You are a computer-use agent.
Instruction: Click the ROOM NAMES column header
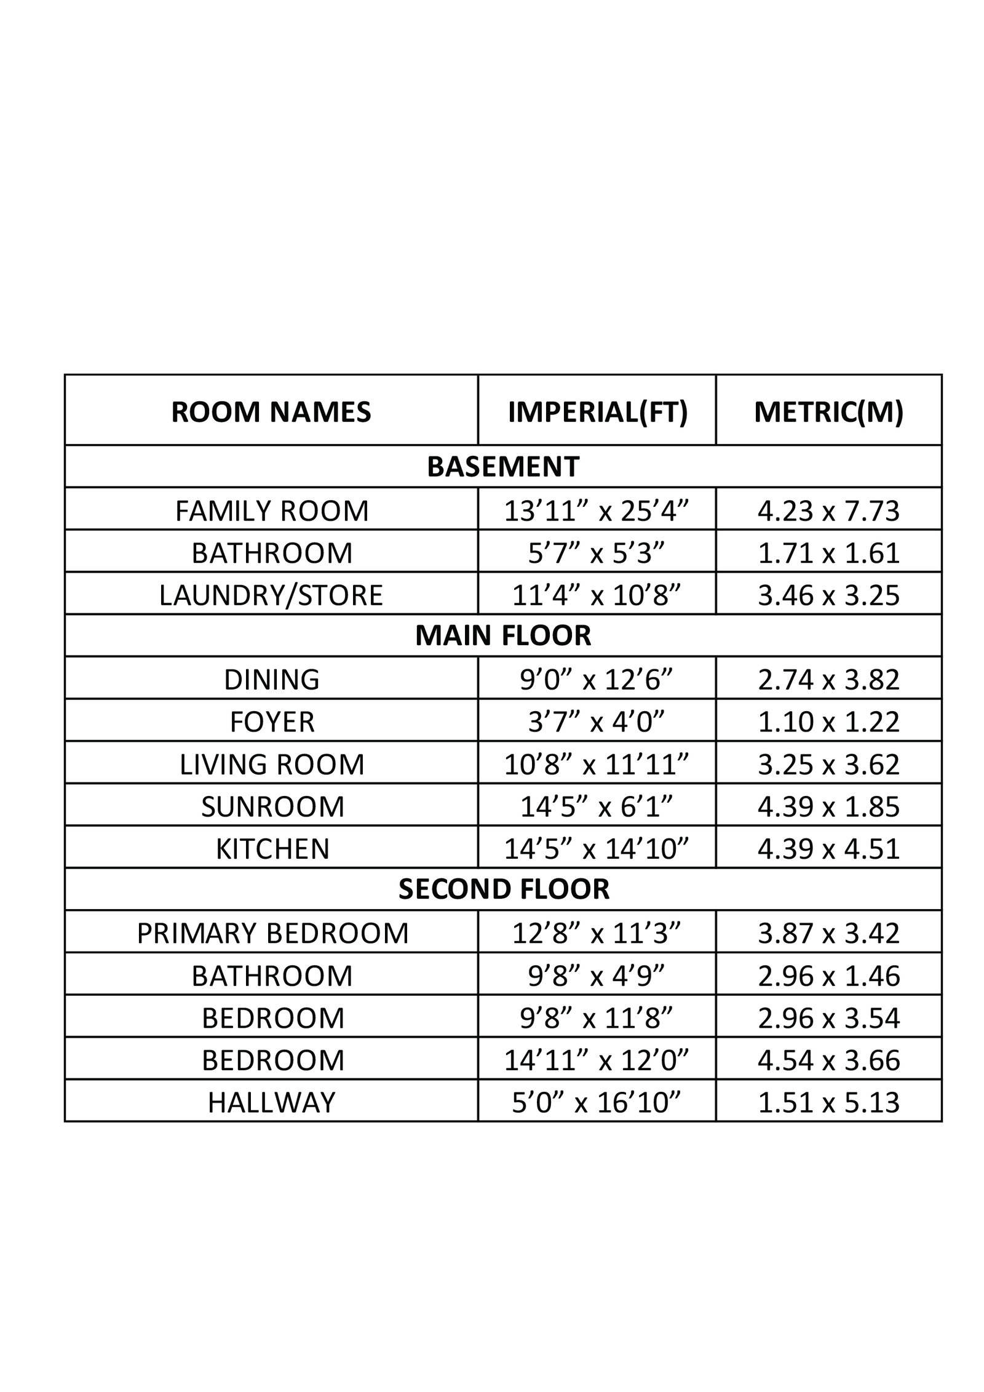click(x=271, y=412)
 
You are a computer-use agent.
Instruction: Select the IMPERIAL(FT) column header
click(x=597, y=412)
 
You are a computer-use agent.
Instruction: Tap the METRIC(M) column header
click(x=828, y=412)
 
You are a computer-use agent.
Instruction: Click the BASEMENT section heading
click(x=502, y=467)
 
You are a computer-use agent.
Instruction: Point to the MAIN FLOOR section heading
click(x=502, y=635)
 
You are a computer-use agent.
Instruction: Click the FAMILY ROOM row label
click(x=272, y=511)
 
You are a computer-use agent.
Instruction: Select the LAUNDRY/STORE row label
click(x=271, y=595)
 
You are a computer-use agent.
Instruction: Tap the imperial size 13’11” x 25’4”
click(x=597, y=511)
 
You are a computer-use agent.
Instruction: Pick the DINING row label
click(x=271, y=679)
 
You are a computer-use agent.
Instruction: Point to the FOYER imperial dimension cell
click(x=597, y=722)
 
